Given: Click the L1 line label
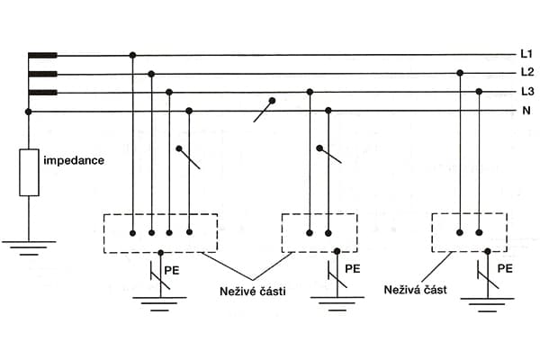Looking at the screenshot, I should (x=527, y=54).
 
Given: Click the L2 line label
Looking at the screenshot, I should (x=527, y=73).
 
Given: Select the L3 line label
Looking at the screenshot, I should (x=527, y=92).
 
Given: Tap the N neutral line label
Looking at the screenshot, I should (x=526, y=112).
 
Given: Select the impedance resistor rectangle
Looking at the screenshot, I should (x=29, y=173).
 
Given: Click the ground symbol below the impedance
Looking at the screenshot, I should (x=29, y=246).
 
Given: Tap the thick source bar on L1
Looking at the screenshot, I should (x=42, y=55).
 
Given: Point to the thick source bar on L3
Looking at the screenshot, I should (x=42, y=92).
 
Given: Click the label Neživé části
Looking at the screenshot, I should (x=253, y=291).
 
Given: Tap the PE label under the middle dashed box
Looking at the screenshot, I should (x=352, y=268).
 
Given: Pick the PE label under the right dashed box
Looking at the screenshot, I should (x=506, y=268).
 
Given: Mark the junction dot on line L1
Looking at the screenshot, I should (x=133, y=55).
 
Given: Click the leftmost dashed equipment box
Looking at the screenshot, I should (x=160, y=233).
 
